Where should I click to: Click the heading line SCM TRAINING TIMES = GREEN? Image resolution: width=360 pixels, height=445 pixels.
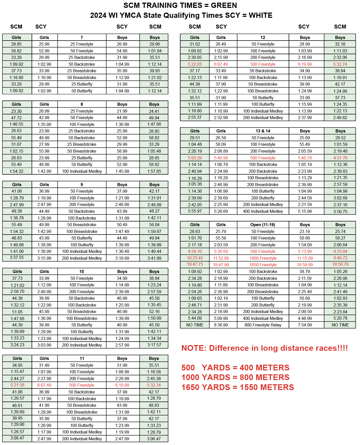[180, 5]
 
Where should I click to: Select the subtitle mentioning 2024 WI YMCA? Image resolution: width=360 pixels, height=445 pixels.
[181, 15]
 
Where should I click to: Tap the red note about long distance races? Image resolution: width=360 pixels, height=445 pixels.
[264, 348]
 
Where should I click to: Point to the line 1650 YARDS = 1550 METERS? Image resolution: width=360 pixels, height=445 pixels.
[237, 387]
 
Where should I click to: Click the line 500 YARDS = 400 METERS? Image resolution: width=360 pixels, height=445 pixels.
[235, 368]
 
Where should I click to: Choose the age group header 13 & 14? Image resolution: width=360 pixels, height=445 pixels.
[263, 131]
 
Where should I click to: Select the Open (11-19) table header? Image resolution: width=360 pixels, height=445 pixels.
[263, 225]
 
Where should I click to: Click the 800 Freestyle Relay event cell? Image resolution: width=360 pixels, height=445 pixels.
[263, 325]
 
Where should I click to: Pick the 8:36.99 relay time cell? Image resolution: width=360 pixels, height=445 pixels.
[221, 325]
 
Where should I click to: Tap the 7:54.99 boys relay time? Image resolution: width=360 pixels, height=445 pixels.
[305, 325]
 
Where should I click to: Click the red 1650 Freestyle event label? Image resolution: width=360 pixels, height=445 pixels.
[263, 265]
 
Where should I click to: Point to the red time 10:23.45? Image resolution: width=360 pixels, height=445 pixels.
[195, 258]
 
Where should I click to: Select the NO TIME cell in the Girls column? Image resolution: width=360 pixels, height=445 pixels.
[195, 325]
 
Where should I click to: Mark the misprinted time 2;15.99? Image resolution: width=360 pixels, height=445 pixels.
[221, 57]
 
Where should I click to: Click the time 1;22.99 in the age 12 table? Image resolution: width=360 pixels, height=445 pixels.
[221, 91]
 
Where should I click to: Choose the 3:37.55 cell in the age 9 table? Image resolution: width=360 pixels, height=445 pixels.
[17, 258]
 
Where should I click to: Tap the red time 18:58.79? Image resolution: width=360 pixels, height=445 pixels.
[340, 264]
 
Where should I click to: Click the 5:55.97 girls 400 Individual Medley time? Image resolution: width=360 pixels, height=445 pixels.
[195, 211]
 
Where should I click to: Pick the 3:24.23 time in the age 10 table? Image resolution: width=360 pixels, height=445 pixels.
[17, 345]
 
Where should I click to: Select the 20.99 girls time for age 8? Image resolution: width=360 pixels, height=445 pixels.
[44, 111]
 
